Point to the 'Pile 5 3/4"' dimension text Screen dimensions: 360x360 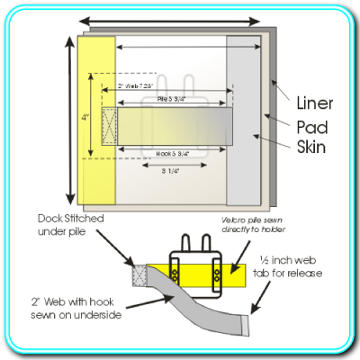pos(171,98)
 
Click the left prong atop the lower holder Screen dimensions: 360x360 pos(184,247)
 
